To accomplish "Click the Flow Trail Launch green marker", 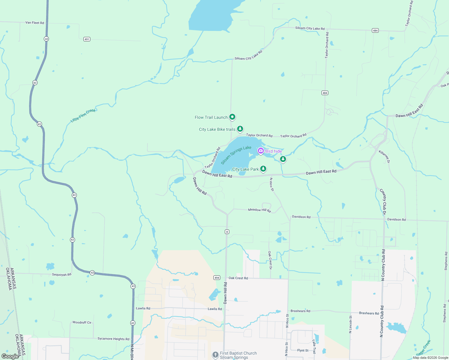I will coord(232,117).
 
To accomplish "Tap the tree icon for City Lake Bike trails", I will coord(240,129).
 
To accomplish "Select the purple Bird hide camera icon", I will coord(261,151).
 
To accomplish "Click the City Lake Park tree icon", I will coord(263,169).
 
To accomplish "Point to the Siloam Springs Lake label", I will coord(236,155).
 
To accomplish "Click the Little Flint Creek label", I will coord(83,115).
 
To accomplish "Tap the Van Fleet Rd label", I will coord(35,23).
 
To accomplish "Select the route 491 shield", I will coord(87,39).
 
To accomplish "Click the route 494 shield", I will coord(217,278).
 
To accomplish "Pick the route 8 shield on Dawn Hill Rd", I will coord(227,232).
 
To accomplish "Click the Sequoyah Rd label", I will coord(62,274).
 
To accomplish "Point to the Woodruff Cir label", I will coord(82,322).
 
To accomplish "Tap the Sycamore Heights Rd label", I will coord(113,339).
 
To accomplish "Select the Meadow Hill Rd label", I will coord(259,210).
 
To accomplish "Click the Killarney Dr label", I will coord(384,157).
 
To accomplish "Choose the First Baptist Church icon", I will coord(215,355).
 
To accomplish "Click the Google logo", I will coord(10,356).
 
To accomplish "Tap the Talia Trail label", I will coord(314,346).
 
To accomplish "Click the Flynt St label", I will coord(303,350).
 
